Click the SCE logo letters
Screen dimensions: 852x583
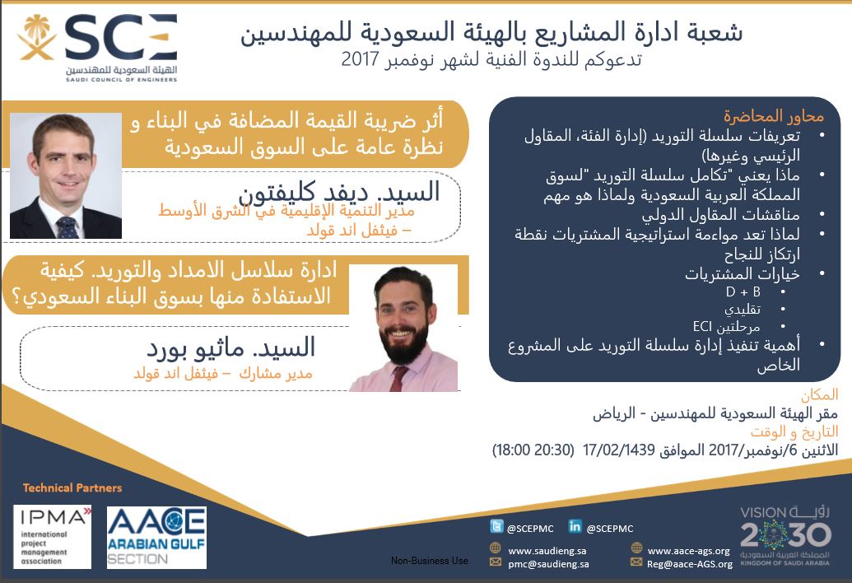click(121, 37)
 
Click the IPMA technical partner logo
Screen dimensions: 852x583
click(52, 537)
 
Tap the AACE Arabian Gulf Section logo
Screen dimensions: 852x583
click(156, 538)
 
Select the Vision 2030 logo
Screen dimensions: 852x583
click(785, 536)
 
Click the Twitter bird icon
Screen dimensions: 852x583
click(496, 526)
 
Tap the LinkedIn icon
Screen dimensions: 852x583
click(575, 526)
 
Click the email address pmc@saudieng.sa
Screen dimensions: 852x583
click(548, 564)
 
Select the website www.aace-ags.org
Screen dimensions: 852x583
click(688, 551)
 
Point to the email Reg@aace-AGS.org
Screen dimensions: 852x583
click(690, 564)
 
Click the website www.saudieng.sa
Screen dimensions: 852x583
click(547, 551)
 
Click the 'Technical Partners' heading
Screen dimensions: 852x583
click(72, 488)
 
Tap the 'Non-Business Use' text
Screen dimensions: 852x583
click(429, 561)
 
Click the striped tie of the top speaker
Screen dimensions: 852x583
click(67, 227)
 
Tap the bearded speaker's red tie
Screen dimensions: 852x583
click(398, 379)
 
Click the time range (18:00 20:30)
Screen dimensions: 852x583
click(533, 450)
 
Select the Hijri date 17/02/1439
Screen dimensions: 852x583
click(618, 450)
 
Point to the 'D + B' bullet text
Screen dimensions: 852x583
click(743, 291)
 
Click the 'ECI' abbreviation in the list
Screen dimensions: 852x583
click(702, 327)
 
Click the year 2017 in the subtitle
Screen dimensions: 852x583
click(360, 59)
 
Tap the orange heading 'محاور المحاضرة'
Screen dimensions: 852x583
click(773, 116)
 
